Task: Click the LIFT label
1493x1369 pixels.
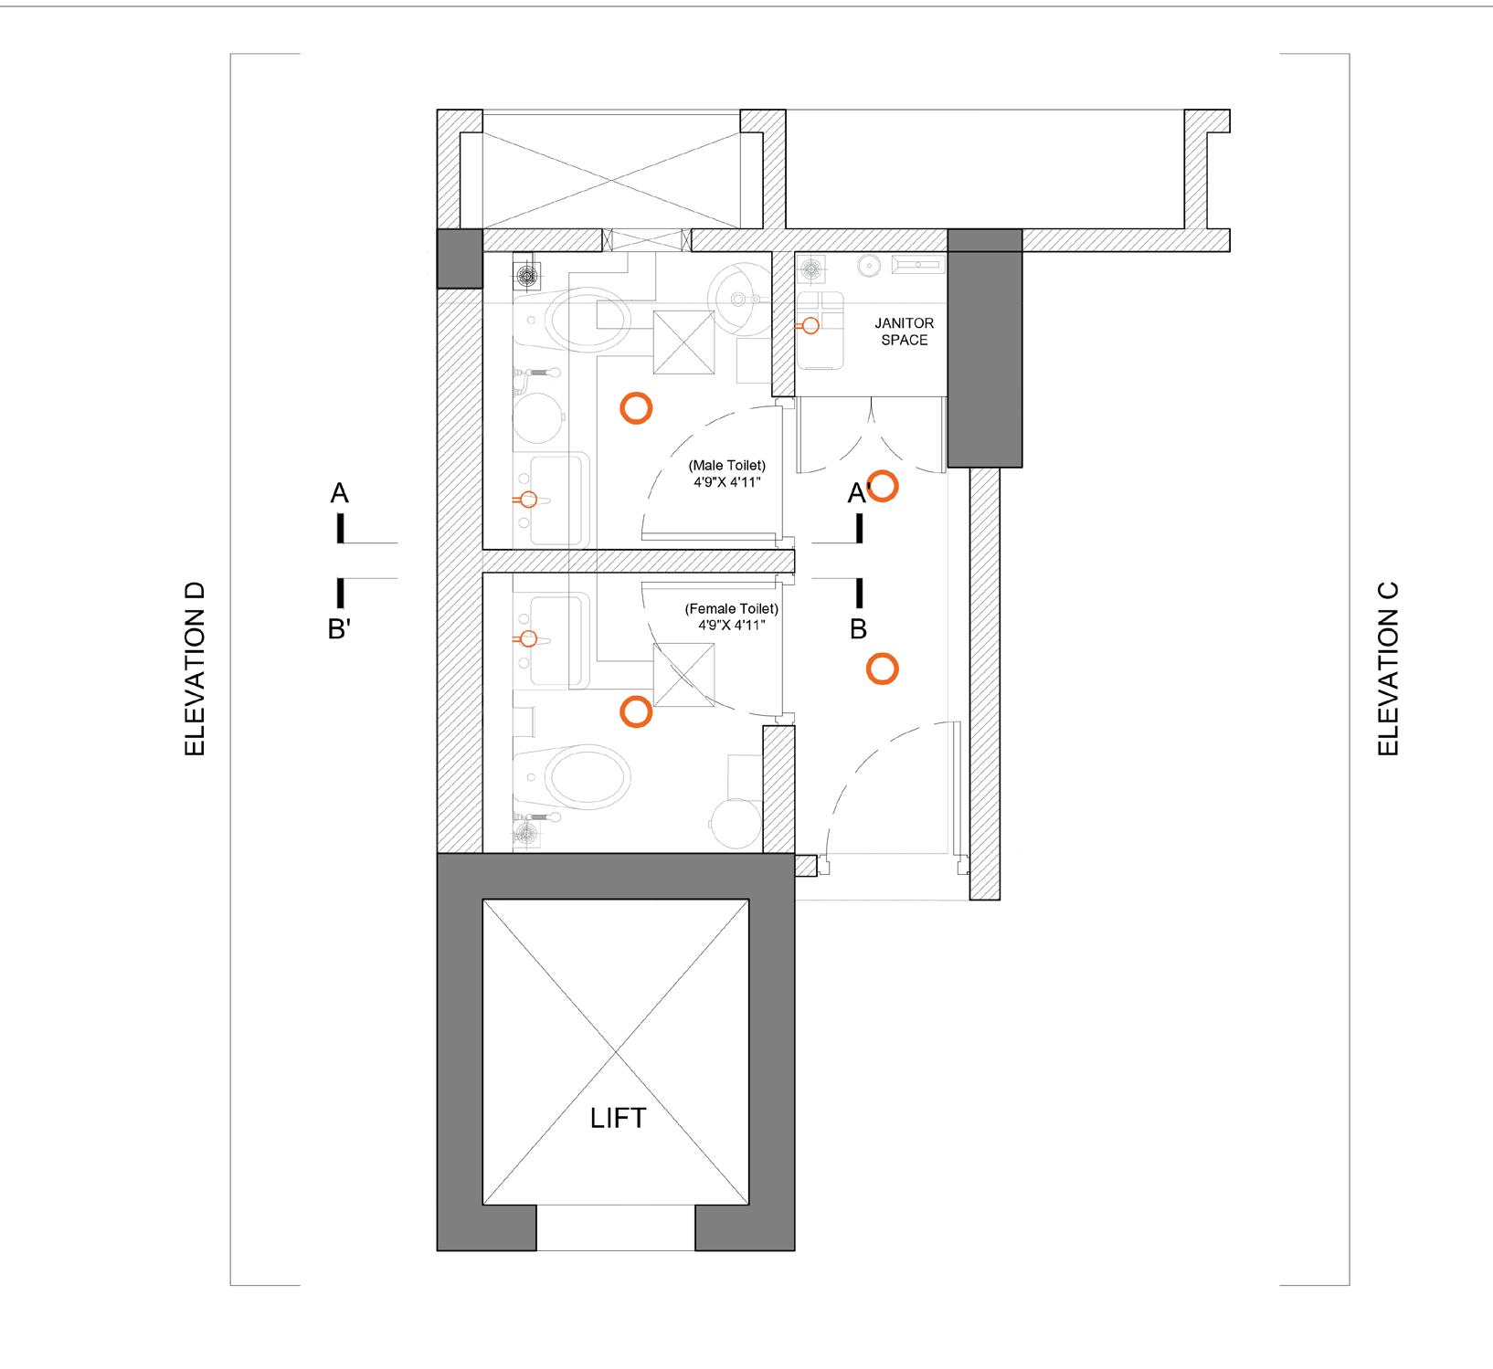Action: click(x=618, y=1118)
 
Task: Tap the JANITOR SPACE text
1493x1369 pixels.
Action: click(x=904, y=332)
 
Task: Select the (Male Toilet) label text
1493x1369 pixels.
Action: click(x=726, y=465)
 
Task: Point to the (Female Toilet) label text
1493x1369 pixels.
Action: click(x=731, y=609)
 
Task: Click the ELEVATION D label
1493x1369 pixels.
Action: click(x=195, y=669)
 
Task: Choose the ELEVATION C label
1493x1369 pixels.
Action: click(x=1388, y=669)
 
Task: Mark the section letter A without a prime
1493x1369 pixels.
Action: click(x=339, y=494)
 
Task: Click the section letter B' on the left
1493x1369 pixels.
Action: click(x=339, y=629)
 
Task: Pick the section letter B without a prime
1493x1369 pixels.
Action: click(x=858, y=629)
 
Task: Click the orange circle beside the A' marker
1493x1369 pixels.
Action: click(x=883, y=487)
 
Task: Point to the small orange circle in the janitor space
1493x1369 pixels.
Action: click(x=810, y=325)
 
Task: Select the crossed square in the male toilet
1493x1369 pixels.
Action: click(x=683, y=342)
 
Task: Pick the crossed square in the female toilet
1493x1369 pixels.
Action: click(x=683, y=675)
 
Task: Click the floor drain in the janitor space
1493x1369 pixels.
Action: click(x=810, y=269)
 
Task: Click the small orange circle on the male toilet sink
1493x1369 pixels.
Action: click(x=527, y=500)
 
